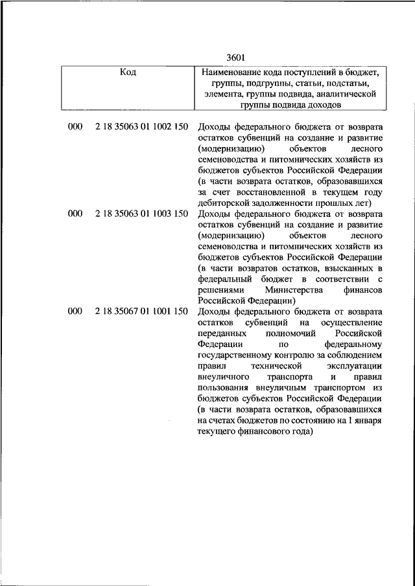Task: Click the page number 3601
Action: [x=235, y=58]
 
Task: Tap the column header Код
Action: [x=128, y=72]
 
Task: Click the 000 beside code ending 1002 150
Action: [x=75, y=127]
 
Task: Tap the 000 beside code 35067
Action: [x=75, y=311]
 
